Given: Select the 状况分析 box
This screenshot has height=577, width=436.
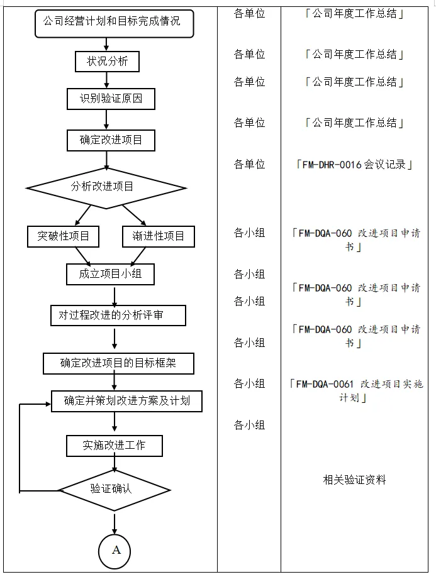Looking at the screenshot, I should (108, 62).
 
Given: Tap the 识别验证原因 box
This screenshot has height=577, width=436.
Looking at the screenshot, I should (110, 99).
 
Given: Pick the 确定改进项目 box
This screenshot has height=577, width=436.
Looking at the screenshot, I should (111, 140).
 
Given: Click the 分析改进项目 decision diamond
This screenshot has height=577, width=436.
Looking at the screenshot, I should (106, 187).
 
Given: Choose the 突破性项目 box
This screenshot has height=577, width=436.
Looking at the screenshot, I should (64, 236).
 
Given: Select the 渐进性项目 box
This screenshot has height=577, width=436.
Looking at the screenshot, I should (158, 236).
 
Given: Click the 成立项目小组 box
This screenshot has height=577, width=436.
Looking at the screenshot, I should (110, 274).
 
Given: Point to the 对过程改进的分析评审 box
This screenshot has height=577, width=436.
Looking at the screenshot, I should (118, 315).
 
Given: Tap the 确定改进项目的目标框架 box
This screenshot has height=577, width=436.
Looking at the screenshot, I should (118, 363).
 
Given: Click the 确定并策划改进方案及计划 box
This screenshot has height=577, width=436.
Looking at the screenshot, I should (126, 401).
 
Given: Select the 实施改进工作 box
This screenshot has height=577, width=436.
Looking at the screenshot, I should (115, 446).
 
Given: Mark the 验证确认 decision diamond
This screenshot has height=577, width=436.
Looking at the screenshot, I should (114, 489).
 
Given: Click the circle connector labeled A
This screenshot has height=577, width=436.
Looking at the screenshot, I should (115, 551).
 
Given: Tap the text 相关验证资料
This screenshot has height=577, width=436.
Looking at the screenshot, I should (354, 480).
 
